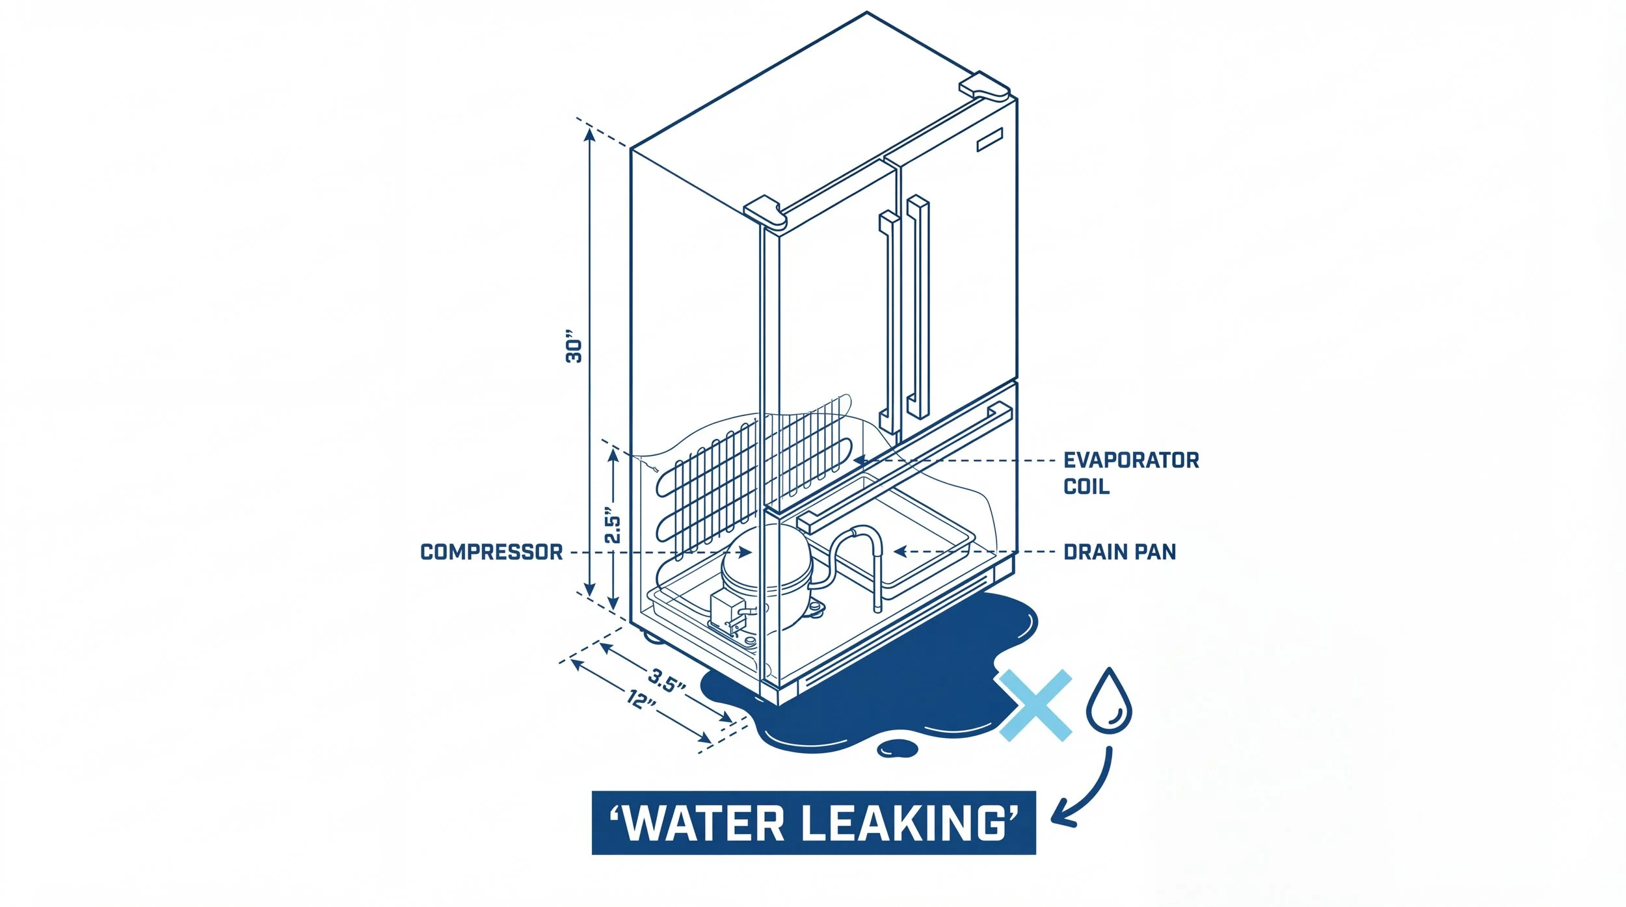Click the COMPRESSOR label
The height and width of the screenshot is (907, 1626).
pos(491,552)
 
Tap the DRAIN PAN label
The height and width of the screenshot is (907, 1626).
pos(1119,552)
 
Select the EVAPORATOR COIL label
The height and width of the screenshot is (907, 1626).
pos(1130,473)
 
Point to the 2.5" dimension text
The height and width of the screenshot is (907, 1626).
pos(612,525)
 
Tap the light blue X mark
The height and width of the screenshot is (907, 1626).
pos(1035,705)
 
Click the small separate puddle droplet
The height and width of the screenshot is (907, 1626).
pos(898,748)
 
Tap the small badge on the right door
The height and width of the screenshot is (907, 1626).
pos(989,140)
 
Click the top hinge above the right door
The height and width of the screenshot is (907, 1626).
pos(984,86)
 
